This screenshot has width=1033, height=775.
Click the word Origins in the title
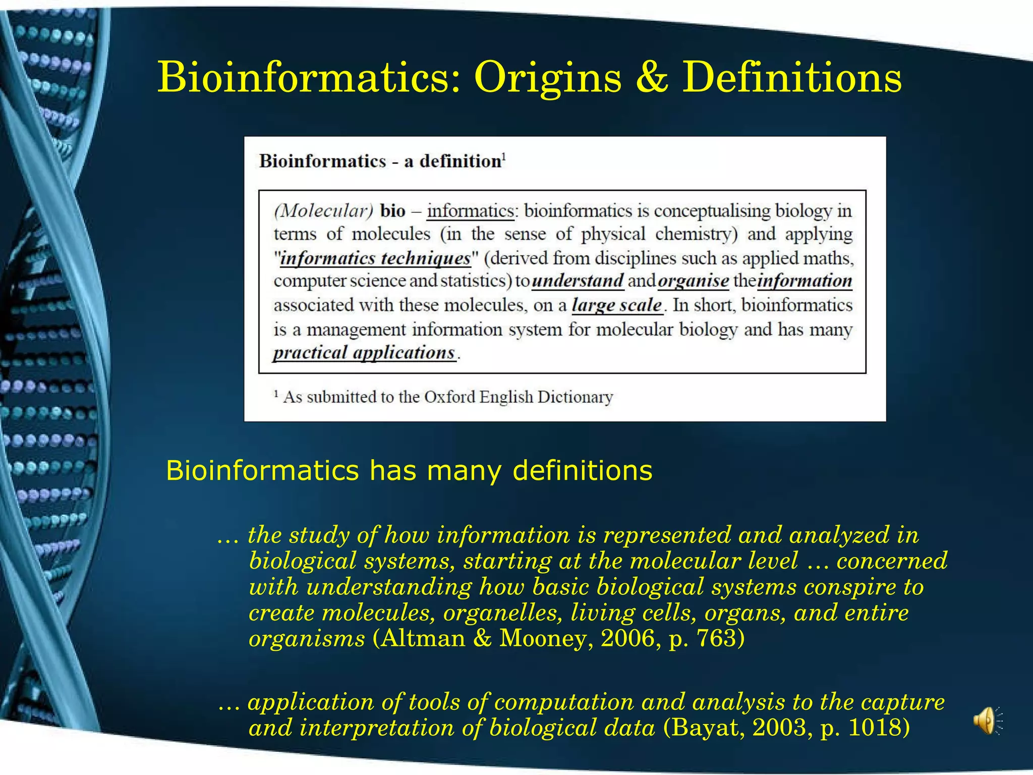[x=548, y=78]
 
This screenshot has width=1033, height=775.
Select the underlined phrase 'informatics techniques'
[x=375, y=258]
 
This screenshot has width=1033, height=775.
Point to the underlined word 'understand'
[x=578, y=281]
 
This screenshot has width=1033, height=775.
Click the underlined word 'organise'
[x=694, y=281]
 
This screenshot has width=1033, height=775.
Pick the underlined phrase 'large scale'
[x=616, y=305]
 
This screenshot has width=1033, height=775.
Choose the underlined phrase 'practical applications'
[x=364, y=352]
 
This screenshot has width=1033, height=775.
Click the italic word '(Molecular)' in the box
[x=323, y=210]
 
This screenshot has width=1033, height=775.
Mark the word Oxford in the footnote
[x=449, y=397]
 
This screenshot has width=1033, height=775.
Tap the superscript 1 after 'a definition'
[x=504, y=156]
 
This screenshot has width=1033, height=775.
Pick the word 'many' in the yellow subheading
[x=464, y=470]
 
